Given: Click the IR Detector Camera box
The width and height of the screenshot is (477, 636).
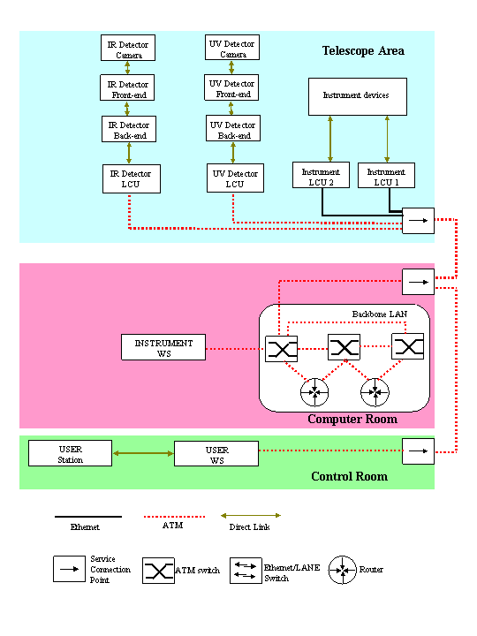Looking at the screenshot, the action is point(128,48).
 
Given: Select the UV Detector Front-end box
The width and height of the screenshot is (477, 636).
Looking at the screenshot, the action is point(231,87).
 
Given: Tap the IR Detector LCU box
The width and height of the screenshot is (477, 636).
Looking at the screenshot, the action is point(132,178).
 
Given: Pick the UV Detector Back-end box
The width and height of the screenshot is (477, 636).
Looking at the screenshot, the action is point(233,128).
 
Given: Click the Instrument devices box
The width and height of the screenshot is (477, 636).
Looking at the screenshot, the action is point(358,96).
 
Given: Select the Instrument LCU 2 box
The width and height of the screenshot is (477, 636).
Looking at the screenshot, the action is point(321,175).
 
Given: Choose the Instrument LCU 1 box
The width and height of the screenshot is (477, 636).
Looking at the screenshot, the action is point(386,175).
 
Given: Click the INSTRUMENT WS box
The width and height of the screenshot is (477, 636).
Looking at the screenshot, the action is point(163,347).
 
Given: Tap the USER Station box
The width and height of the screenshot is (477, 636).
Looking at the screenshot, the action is point(70,453).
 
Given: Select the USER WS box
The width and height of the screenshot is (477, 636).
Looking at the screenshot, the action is point(216,453).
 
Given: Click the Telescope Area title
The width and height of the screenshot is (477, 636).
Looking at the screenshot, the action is point(363,50).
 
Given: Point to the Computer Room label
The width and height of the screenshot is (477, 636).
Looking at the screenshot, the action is point(352,419).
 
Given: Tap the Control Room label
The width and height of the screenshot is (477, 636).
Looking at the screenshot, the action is point(349,476).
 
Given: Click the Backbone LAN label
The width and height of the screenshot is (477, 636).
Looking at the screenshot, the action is point(379,314).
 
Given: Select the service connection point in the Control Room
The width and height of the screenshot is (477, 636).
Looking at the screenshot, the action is point(418,451).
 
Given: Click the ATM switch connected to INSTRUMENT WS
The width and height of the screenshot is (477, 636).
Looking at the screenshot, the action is point(281,349).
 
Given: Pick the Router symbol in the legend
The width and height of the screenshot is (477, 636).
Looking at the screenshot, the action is point(343,570).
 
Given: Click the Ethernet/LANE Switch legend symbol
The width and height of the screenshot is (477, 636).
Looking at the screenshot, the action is point(246,571).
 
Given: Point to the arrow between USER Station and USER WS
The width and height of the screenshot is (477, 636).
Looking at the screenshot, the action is point(143,453).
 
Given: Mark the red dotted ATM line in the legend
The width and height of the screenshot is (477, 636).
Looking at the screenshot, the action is point(174,517).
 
